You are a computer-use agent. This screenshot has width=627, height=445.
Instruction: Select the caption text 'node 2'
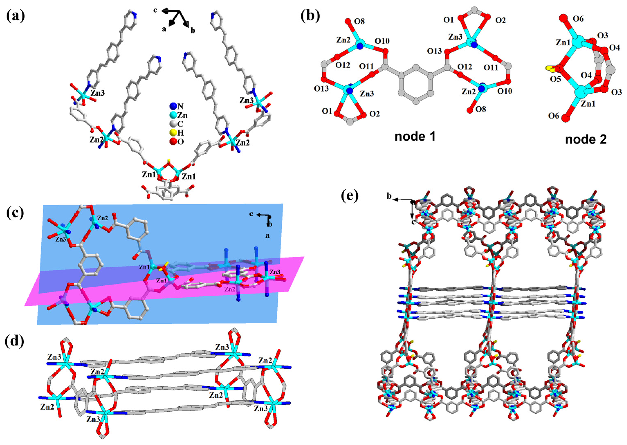pyautogui.click(x=586, y=139)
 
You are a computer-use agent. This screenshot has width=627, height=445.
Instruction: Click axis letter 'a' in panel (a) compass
pyautogui.click(x=164, y=29)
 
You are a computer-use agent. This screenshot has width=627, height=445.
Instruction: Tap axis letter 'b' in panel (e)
pyautogui.click(x=389, y=196)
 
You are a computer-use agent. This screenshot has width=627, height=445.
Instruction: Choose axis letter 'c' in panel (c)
pyautogui.click(x=251, y=214)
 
